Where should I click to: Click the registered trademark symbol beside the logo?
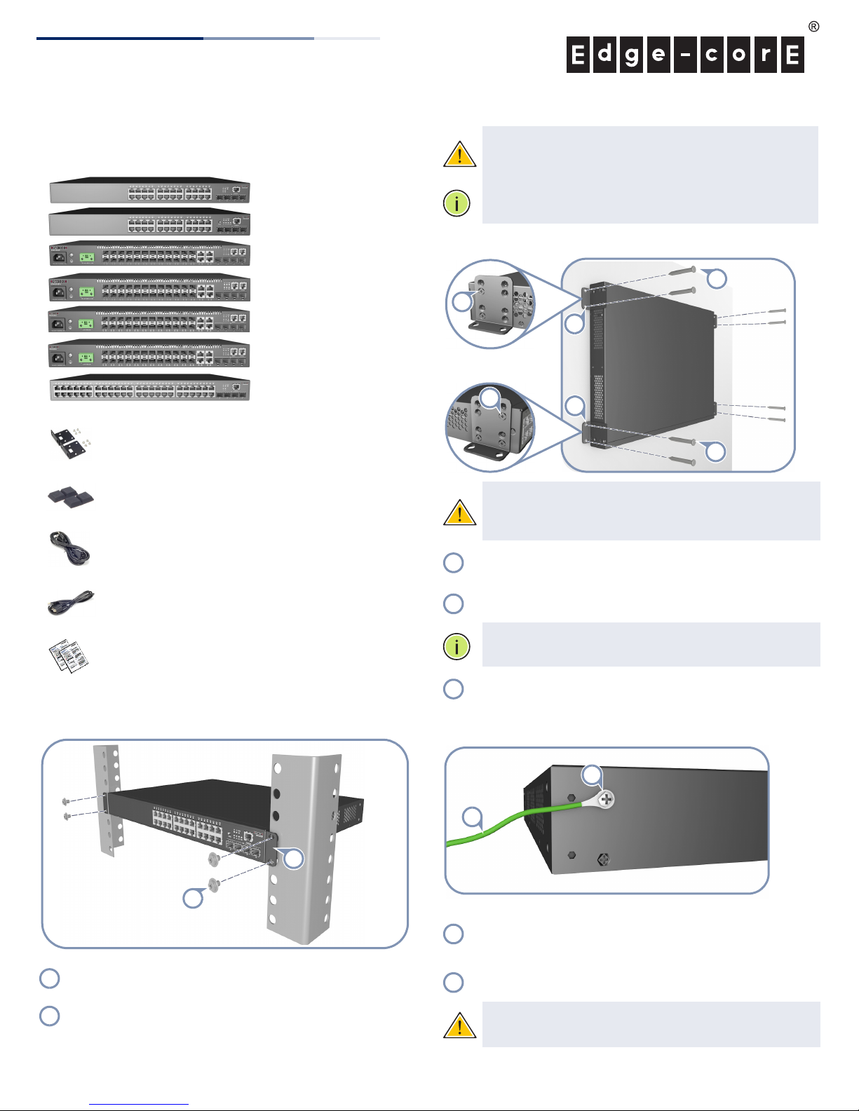click(x=813, y=27)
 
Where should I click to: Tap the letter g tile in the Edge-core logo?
click(x=632, y=55)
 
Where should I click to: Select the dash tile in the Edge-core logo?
click(x=685, y=55)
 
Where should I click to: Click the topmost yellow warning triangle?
click(x=460, y=154)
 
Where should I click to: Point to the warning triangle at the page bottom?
click(x=460, y=1025)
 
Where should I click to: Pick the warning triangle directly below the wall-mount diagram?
click(x=460, y=512)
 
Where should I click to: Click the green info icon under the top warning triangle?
click(x=456, y=203)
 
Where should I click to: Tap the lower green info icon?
click(x=456, y=647)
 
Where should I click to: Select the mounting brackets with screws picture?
click(x=71, y=443)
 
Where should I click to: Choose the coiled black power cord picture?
click(x=69, y=549)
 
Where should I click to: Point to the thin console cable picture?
click(x=71, y=603)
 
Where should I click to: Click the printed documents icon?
click(x=69, y=656)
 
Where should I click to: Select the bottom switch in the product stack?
click(x=149, y=388)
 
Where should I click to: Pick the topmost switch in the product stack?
click(x=150, y=190)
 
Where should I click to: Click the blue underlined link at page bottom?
click(x=139, y=1104)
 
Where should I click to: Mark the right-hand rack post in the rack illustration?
click(x=304, y=849)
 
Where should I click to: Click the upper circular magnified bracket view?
click(x=490, y=304)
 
